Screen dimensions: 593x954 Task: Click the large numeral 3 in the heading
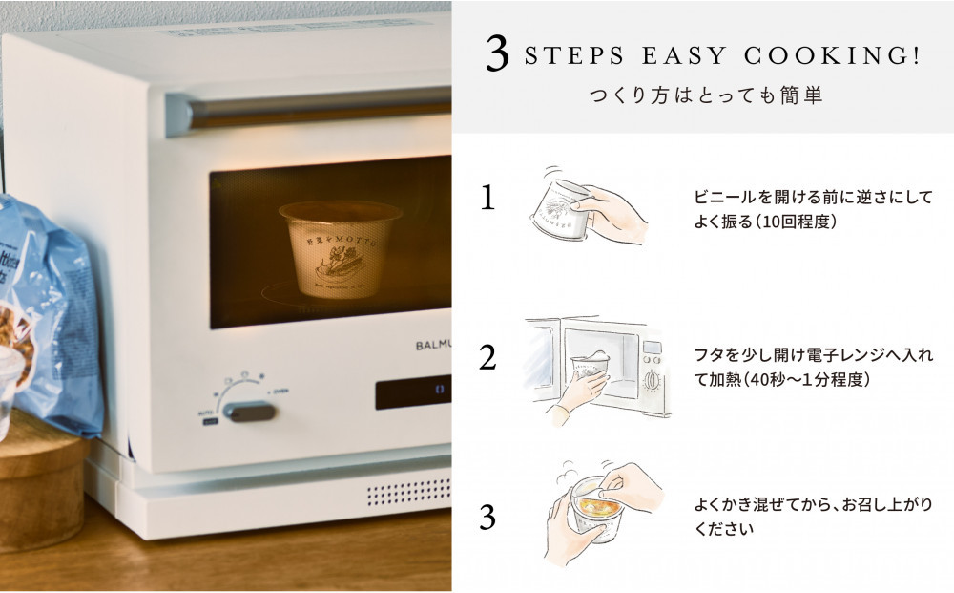pos(496,55)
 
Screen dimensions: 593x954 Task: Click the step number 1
pos(487,198)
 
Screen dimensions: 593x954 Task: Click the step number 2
pos(487,357)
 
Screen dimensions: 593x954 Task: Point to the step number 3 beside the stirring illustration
pos(487,518)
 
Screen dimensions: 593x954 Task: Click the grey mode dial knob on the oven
pos(249,412)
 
